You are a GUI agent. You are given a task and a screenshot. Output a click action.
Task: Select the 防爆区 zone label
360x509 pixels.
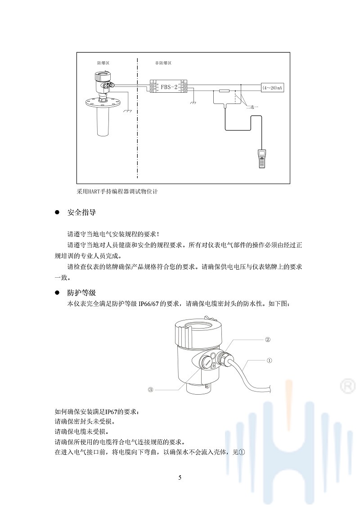pos(103,63)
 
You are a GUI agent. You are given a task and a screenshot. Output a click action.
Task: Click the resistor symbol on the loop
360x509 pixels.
pos(224,91)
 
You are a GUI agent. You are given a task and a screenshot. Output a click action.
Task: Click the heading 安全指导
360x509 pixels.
pos(81,212)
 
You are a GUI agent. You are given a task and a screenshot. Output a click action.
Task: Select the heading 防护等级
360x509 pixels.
pos(81,293)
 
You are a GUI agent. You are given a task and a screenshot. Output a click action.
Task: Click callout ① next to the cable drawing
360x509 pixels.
pos(269,360)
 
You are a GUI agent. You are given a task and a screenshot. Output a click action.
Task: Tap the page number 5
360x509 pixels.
pos(180,477)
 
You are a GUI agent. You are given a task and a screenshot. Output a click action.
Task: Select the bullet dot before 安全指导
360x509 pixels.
pos(57,212)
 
